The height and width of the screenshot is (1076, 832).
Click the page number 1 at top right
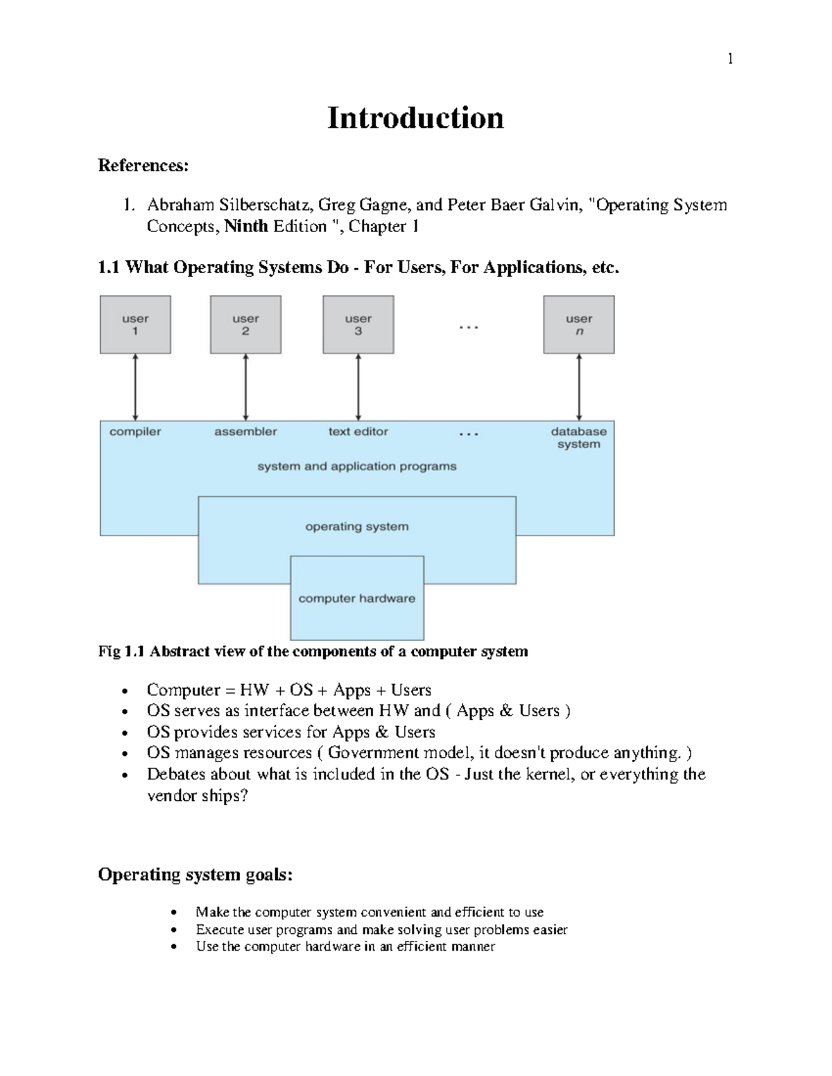click(x=730, y=59)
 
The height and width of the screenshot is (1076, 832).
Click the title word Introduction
click(x=415, y=118)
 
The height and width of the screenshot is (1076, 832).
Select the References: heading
click(x=143, y=166)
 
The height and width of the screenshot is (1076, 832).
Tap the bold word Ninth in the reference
click(x=246, y=227)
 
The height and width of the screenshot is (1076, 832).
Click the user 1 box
click(x=135, y=325)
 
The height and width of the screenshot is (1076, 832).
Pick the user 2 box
click(x=245, y=325)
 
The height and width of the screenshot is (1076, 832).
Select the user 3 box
click(x=358, y=325)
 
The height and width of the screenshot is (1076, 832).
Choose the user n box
click(x=579, y=325)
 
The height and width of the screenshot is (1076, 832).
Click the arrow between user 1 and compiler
click(x=135, y=387)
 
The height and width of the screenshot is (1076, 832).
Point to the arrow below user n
click(x=579, y=387)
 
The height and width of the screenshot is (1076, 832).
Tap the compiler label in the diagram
click(x=135, y=432)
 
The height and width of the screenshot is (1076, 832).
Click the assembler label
click(x=245, y=432)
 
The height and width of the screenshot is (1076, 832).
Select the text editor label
click(x=358, y=432)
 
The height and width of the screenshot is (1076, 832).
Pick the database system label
click(x=579, y=438)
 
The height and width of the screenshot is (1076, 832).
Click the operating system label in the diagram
click(x=357, y=527)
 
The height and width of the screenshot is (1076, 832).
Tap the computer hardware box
click(x=357, y=599)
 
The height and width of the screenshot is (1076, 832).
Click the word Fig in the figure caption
click(x=109, y=652)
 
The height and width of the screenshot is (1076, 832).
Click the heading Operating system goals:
click(x=195, y=874)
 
